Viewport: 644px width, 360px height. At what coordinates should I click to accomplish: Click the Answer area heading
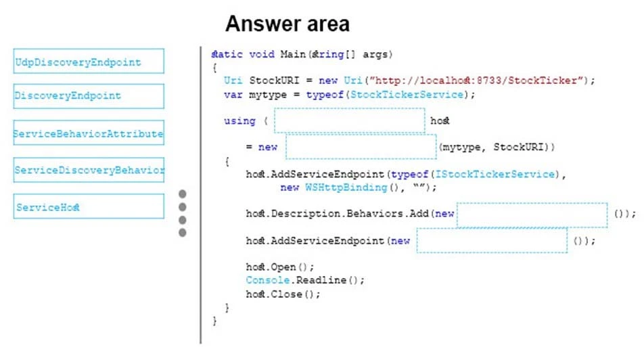[287, 24]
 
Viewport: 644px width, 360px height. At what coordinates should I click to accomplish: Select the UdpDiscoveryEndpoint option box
[88, 62]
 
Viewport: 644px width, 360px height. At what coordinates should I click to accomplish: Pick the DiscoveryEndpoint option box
[88, 96]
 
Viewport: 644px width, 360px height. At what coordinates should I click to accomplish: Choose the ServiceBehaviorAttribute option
[88, 134]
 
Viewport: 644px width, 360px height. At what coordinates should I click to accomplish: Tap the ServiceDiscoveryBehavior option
[88, 170]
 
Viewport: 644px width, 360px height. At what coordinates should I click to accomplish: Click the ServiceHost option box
[88, 206]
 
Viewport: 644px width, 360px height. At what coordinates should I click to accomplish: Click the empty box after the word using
[349, 120]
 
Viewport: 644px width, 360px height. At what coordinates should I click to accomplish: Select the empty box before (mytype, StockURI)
[361, 147]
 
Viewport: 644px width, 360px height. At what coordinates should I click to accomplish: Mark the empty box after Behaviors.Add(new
[532, 215]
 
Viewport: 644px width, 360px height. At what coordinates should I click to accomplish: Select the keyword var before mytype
[232, 95]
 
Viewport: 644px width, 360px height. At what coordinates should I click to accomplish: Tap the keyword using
[239, 121]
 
